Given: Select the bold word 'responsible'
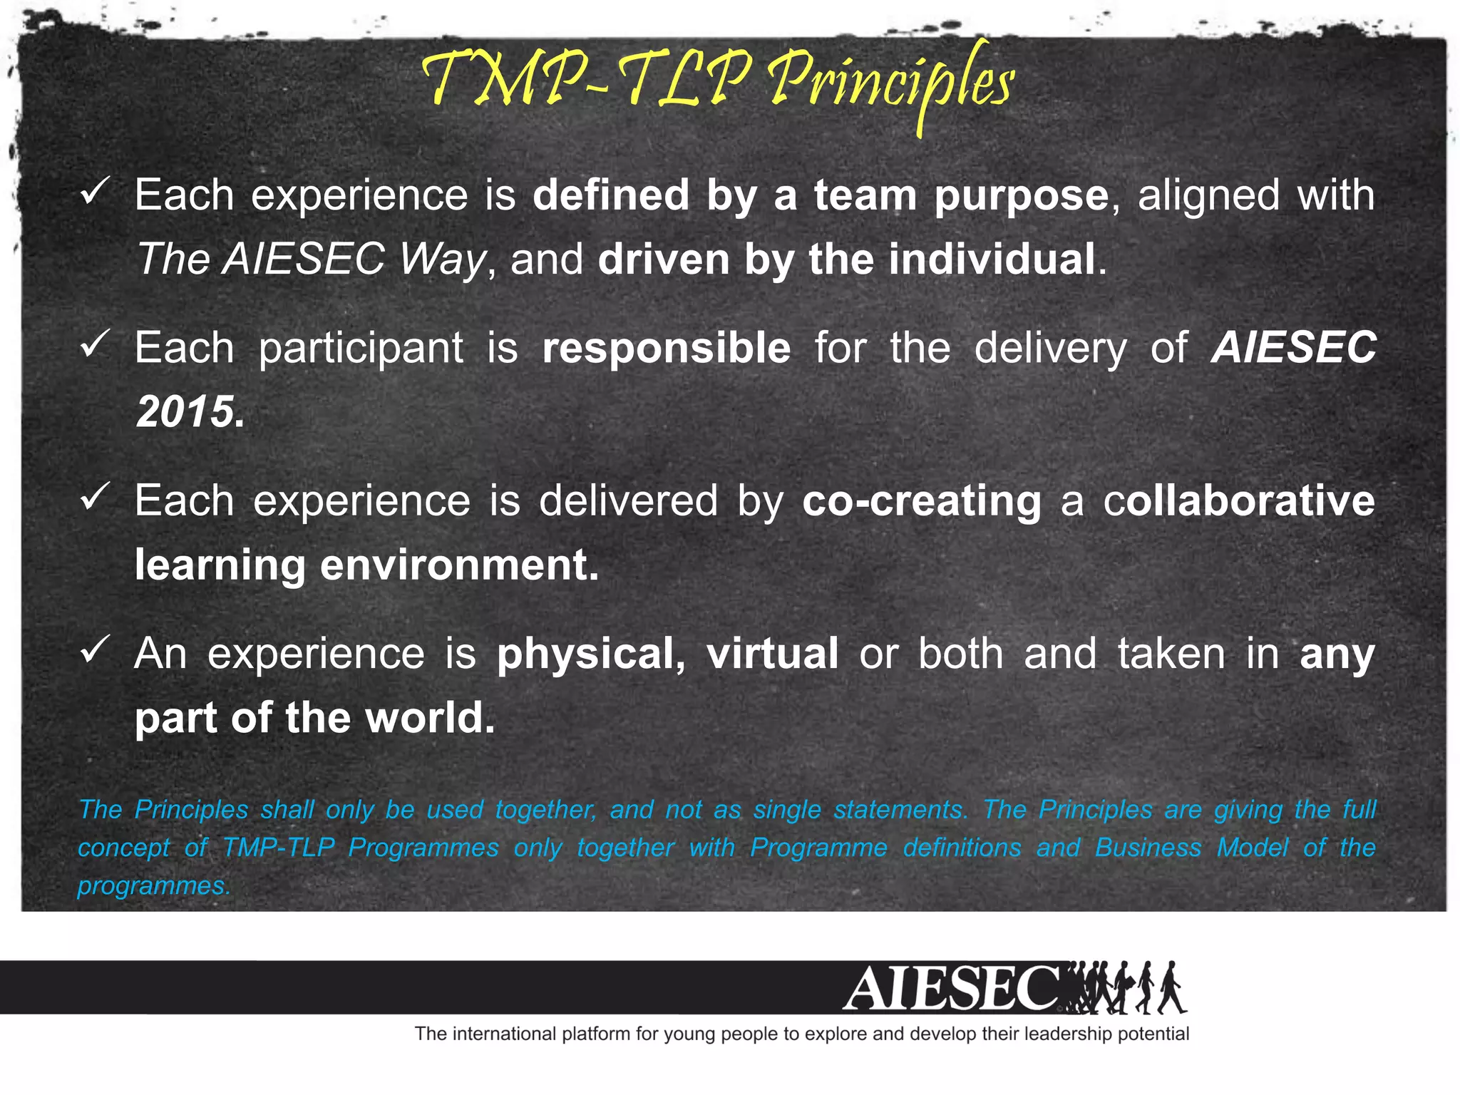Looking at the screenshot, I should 666,348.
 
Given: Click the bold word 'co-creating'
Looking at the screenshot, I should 921,500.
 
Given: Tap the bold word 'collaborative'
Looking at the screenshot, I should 1239,500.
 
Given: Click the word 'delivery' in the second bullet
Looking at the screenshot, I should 1050,349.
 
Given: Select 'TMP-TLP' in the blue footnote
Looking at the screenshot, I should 278,848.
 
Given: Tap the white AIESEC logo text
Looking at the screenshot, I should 952,988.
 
